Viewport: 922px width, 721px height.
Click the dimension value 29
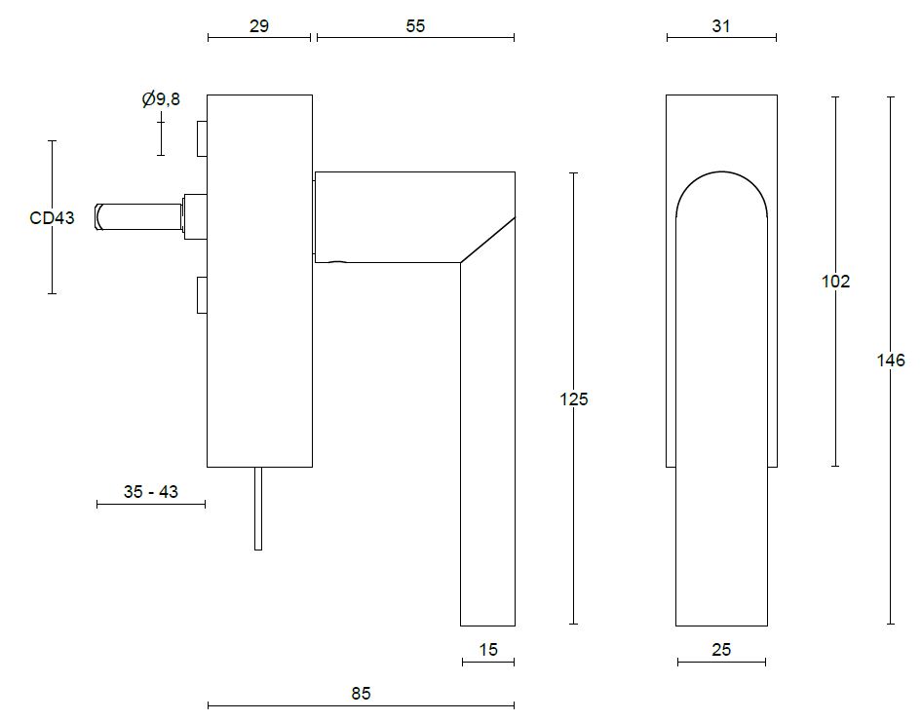258,26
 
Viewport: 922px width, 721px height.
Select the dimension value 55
415,26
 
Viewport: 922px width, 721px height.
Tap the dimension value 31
721,26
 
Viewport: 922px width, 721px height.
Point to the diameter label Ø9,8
161,99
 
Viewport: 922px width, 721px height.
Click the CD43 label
52,218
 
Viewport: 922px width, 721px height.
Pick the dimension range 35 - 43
151,492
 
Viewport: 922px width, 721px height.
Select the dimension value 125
574,398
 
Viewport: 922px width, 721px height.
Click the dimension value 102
836,282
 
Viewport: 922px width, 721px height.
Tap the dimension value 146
891,360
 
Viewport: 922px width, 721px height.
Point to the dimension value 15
488,650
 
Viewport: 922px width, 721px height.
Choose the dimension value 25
721,650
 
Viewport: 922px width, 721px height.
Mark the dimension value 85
361,694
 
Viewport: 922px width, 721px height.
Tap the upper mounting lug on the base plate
202,138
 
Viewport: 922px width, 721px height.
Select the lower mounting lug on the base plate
202,295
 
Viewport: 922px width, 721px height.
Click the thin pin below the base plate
258,509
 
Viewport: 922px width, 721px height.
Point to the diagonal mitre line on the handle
488,240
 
